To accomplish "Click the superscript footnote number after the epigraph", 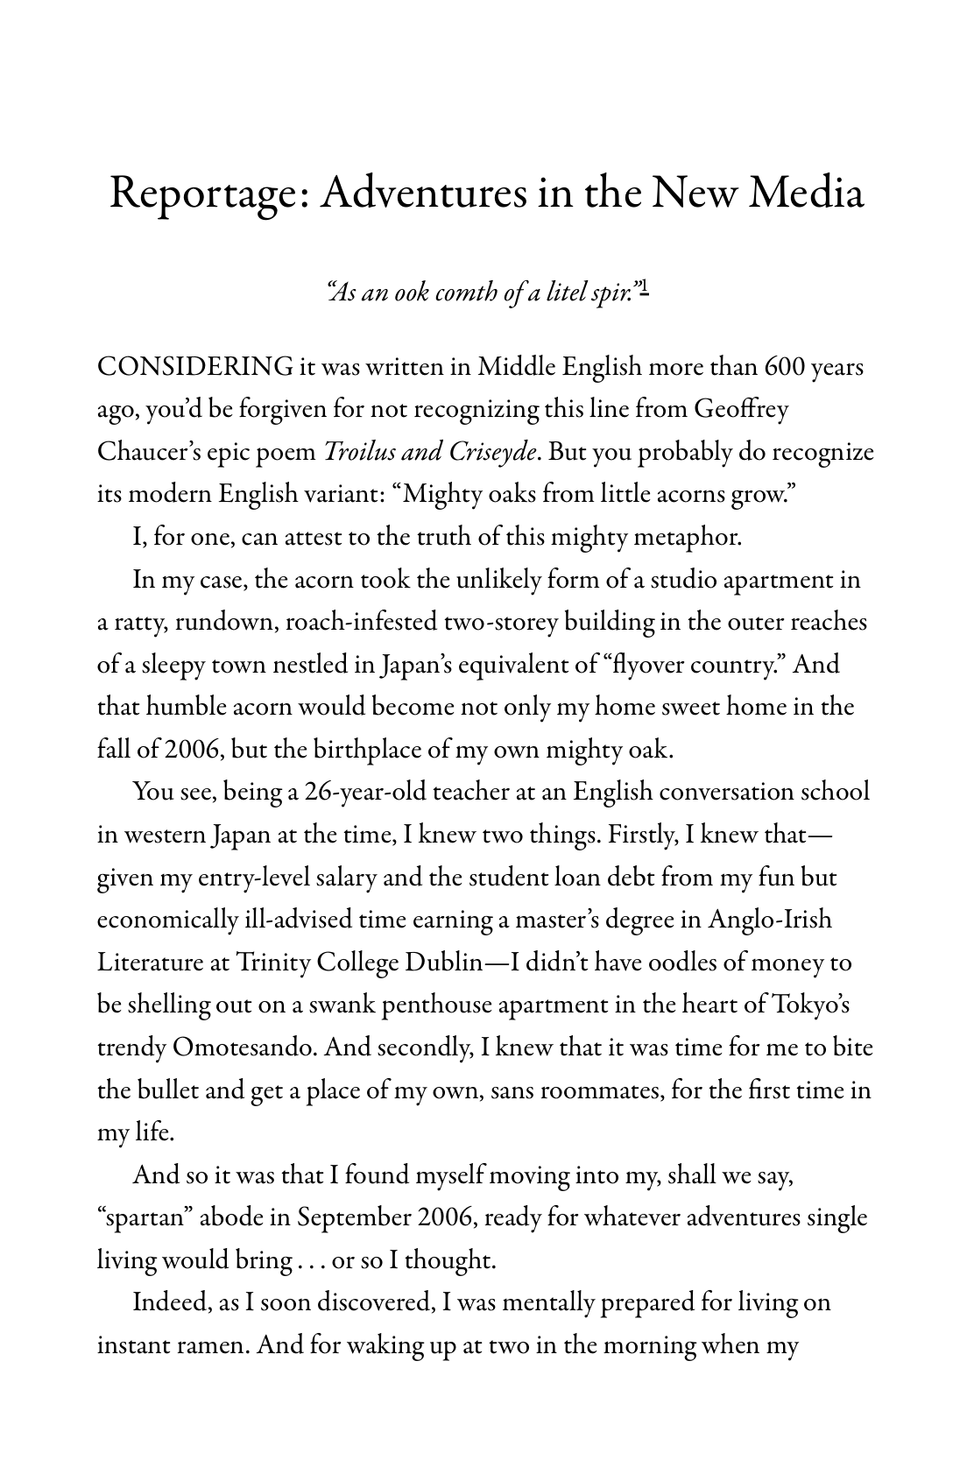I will [x=643, y=287].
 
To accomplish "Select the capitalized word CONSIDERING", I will [x=194, y=367].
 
